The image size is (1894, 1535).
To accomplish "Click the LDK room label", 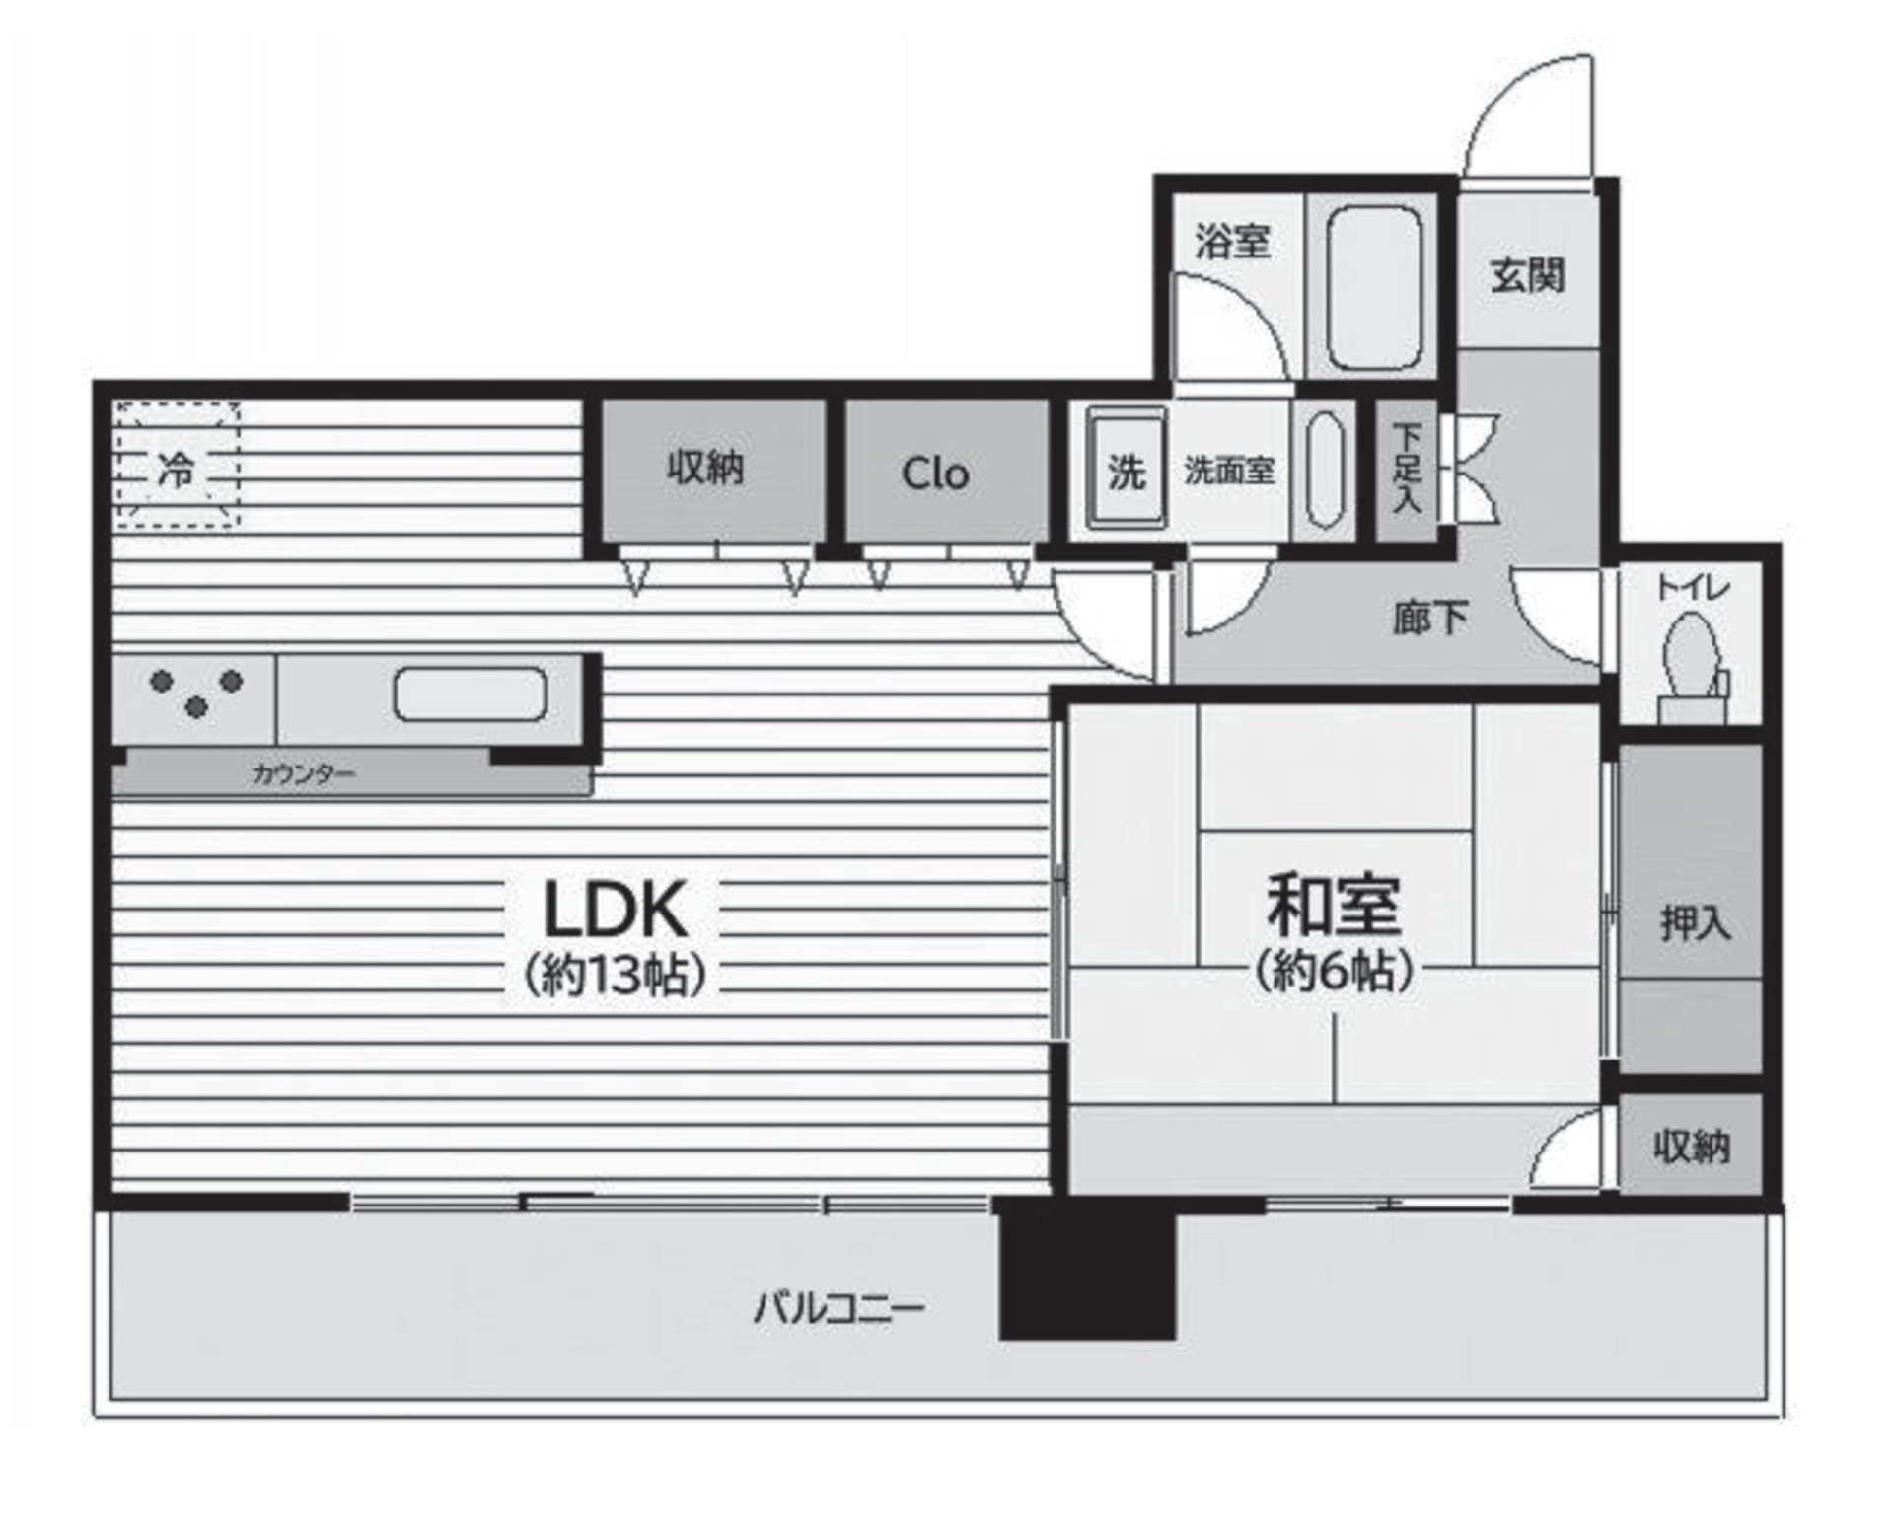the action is coord(616,909).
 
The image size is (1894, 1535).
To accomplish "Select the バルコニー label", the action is coord(839,1310).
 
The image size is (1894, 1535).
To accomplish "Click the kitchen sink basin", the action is coord(471,694).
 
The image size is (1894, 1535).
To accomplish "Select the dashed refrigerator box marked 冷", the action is coord(178,465).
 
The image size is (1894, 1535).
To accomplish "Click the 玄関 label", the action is coord(1526,276).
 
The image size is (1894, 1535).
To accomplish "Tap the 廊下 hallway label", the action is coord(1430,618).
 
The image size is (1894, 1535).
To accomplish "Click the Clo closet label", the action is coord(935,474).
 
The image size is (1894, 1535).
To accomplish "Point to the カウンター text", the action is coord(303,774).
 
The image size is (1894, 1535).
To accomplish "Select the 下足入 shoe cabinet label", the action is coord(1407,469).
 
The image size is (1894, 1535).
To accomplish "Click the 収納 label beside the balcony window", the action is coord(1691,1146).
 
